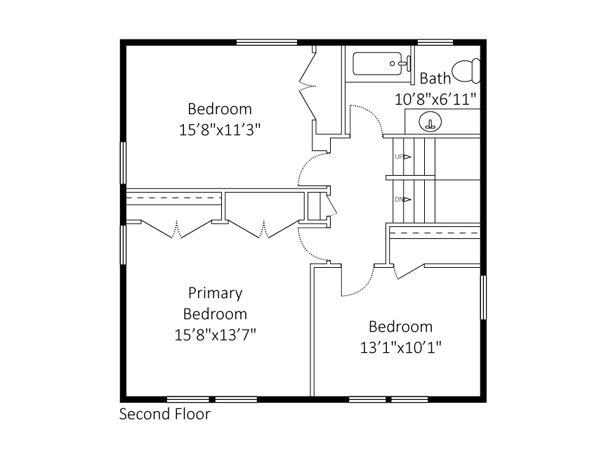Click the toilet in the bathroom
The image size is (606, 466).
pyautogui.click(x=466, y=71)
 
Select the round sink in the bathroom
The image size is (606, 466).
pyautogui.click(x=430, y=122)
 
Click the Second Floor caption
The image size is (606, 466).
pyautogui.click(x=164, y=414)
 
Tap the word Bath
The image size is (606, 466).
pyautogui.click(x=435, y=78)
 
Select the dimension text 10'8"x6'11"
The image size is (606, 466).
pyautogui.click(x=436, y=99)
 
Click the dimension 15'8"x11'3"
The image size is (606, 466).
pyautogui.click(x=220, y=130)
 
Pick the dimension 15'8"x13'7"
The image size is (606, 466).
pyautogui.click(x=215, y=335)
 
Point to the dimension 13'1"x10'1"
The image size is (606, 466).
pyautogui.click(x=401, y=347)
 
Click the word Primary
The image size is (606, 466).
pyautogui.click(x=215, y=292)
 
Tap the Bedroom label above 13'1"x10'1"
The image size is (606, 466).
pyautogui.click(x=401, y=327)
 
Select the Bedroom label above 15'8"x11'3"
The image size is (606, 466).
pyautogui.click(x=220, y=109)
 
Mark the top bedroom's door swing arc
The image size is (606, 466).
pyautogui.click(x=306, y=167)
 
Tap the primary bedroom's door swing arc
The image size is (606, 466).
pyautogui.click(x=305, y=246)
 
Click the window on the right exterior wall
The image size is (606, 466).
pyautogui.click(x=483, y=297)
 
